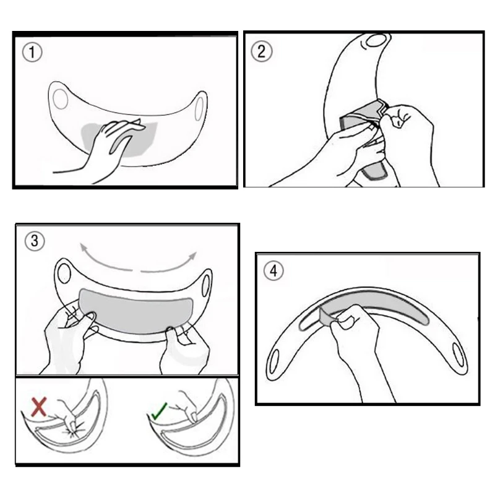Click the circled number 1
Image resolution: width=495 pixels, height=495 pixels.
[32, 52]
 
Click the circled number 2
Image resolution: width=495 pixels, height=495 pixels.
[261, 51]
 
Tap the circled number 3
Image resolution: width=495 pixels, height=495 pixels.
[35, 241]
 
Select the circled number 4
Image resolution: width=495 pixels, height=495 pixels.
[273, 271]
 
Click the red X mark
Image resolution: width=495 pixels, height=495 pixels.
[39, 407]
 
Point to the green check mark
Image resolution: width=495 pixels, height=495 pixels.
[160, 411]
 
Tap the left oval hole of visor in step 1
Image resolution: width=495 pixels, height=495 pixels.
[60, 99]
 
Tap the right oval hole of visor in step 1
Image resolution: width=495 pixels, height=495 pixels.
[199, 109]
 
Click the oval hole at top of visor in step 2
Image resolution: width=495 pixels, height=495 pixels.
[376, 40]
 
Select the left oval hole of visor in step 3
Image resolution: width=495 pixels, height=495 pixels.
[64, 273]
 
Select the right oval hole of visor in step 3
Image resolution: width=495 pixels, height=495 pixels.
[206, 286]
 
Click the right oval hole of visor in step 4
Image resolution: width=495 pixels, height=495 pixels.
[458, 355]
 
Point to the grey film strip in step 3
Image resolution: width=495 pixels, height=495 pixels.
[135, 311]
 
